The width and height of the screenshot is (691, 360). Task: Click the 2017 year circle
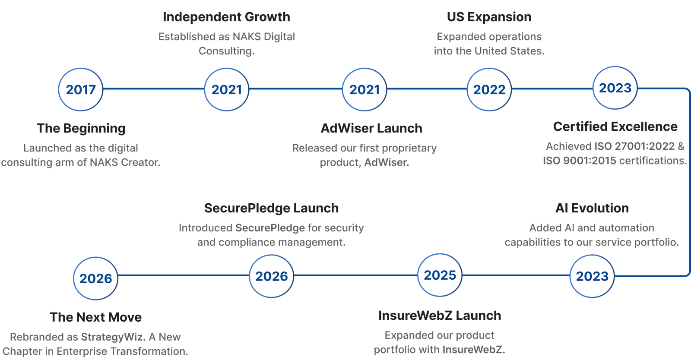click(80, 89)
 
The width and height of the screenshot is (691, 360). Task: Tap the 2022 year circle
click(489, 89)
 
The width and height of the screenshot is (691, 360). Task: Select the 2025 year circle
click(440, 275)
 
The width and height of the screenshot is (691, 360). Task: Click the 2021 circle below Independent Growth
click(226, 89)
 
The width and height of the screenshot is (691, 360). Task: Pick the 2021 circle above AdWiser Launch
click(365, 89)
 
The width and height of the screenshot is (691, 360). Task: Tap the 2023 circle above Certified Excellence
click(615, 88)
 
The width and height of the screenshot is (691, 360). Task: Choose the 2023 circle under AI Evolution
click(592, 276)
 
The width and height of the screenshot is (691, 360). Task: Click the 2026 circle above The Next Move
click(95, 278)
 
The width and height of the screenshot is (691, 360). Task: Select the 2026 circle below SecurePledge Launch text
click(272, 276)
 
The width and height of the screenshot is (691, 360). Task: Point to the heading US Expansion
click(489, 17)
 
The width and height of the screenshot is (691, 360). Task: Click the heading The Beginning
click(81, 128)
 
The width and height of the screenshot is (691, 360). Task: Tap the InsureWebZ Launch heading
click(440, 316)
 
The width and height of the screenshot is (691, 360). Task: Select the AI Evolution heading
click(592, 208)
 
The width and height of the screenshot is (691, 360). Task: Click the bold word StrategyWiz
click(113, 337)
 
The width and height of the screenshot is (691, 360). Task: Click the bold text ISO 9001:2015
click(579, 161)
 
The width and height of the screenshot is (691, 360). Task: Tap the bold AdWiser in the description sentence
click(387, 162)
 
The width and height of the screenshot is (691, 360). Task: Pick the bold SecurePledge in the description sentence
click(270, 228)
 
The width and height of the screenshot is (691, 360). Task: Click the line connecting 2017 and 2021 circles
click(154, 89)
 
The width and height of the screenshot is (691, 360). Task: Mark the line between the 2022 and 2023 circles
click(552, 89)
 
